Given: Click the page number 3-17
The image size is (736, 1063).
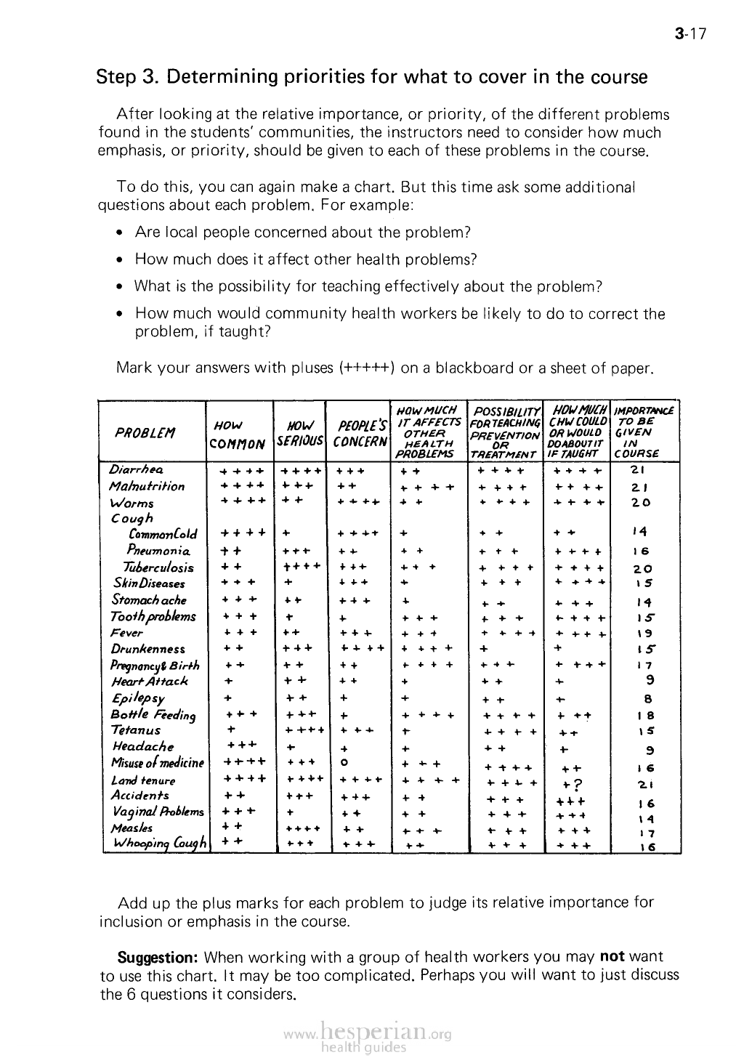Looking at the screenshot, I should point(690,33).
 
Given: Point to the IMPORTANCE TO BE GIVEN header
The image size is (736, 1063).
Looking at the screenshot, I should point(644,432).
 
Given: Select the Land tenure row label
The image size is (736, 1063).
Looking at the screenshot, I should point(143,780).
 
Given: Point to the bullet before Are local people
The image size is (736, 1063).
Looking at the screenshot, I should point(120,233).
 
